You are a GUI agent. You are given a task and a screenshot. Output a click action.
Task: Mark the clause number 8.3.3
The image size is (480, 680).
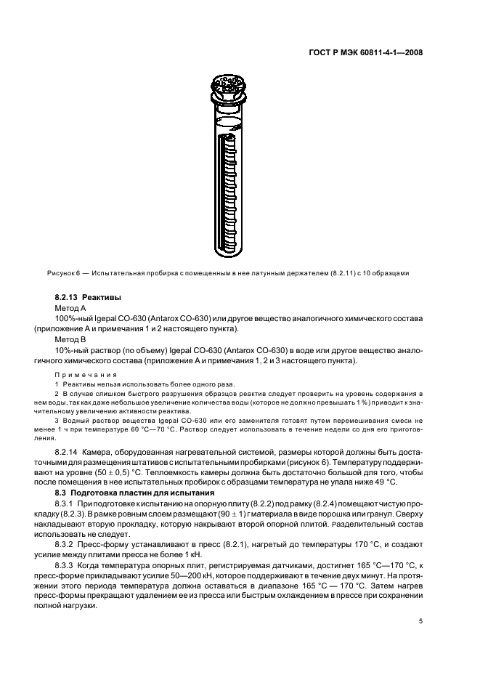click(x=66, y=566)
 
